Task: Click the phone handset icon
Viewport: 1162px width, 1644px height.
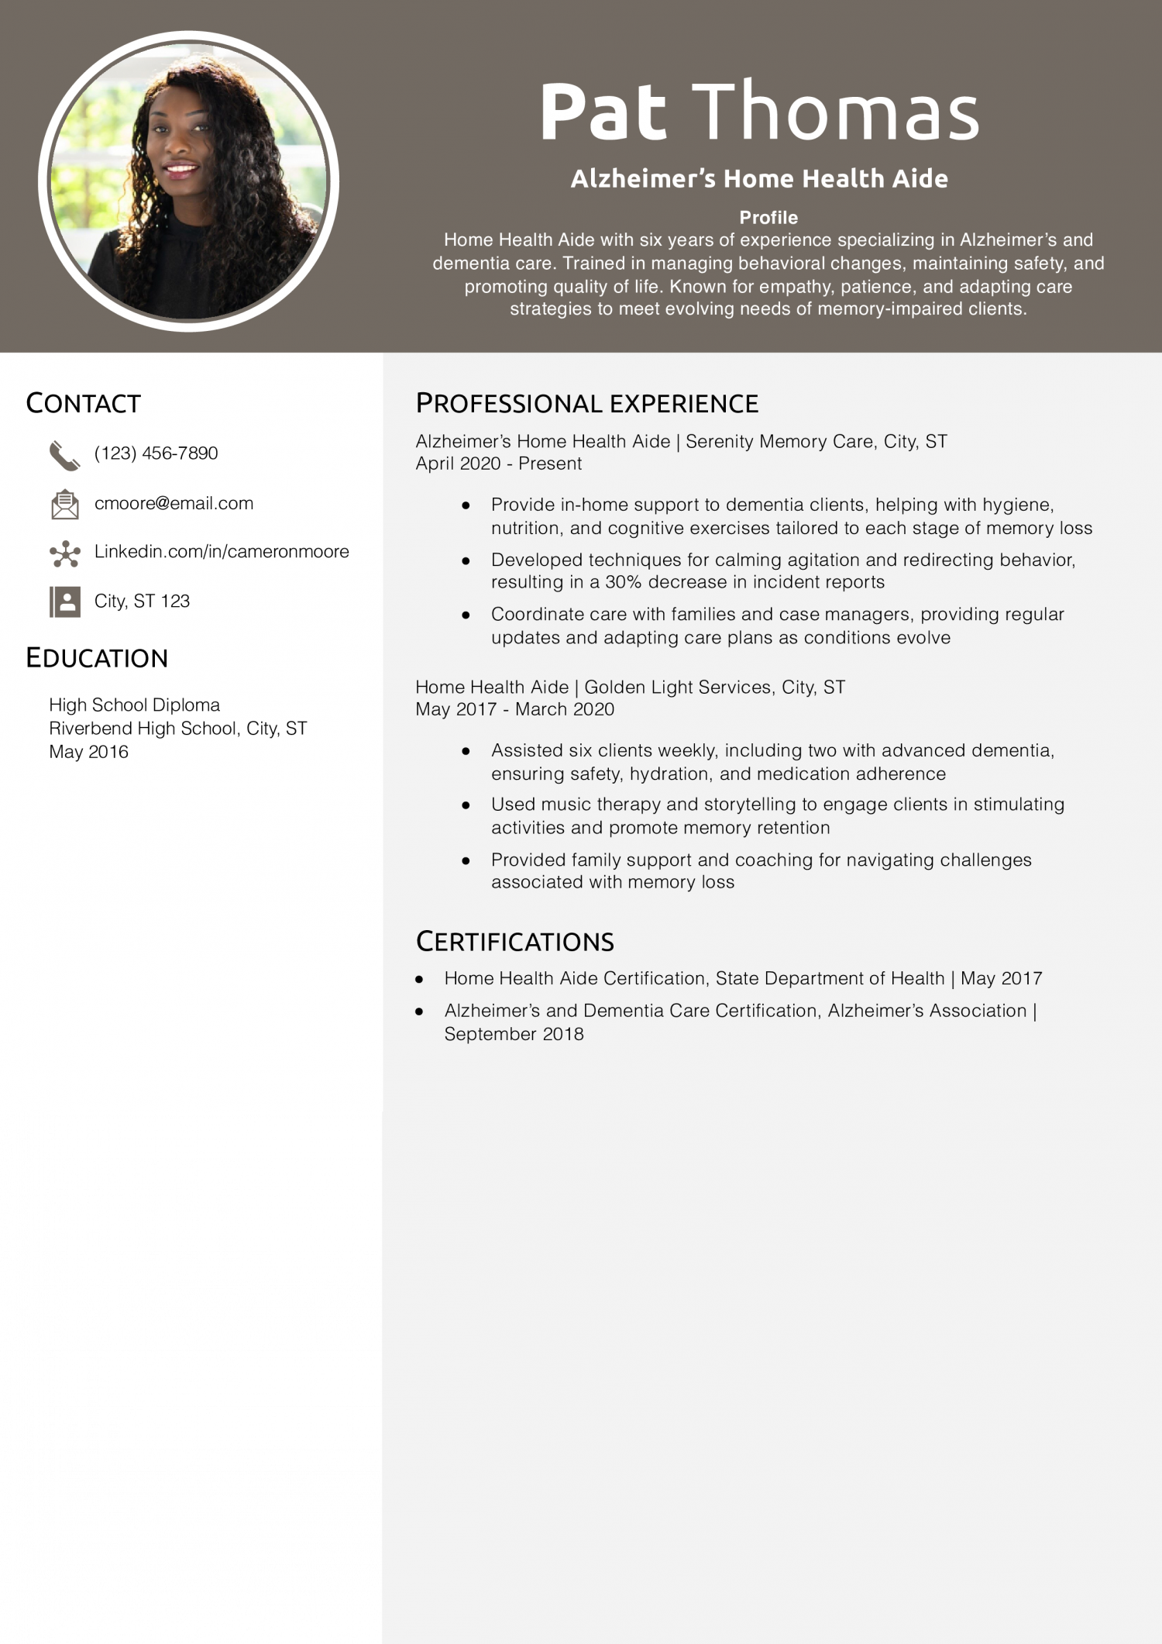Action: pyautogui.click(x=64, y=456)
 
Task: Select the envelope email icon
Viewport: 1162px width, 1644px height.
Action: pyautogui.click(x=64, y=504)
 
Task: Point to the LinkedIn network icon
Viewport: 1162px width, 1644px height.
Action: pyautogui.click(x=64, y=553)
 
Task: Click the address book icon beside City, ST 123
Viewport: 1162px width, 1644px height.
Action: pyautogui.click(x=64, y=601)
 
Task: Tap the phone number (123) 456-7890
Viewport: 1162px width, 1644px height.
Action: pyautogui.click(x=156, y=453)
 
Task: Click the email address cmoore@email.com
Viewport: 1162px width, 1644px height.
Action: pyautogui.click(x=174, y=503)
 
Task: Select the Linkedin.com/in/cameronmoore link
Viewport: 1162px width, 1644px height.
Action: pyautogui.click(x=222, y=551)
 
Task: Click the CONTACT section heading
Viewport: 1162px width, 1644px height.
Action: pyautogui.click(x=83, y=403)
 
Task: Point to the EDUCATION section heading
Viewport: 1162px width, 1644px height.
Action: pyautogui.click(x=97, y=658)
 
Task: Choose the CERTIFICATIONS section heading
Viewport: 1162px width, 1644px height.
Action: pyautogui.click(x=514, y=942)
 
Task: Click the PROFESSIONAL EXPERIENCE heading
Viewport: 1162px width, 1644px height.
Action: pyautogui.click(x=586, y=403)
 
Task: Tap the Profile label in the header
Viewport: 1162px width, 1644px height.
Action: pyautogui.click(x=768, y=217)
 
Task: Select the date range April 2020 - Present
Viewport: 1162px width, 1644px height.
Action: pyautogui.click(x=498, y=464)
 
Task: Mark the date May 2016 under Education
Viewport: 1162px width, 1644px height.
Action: pyautogui.click(x=88, y=752)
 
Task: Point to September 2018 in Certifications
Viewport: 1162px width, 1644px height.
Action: pyautogui.click(x=514, y=1034)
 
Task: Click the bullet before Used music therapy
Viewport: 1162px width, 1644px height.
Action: pyautogui.click(x=466, y=805)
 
